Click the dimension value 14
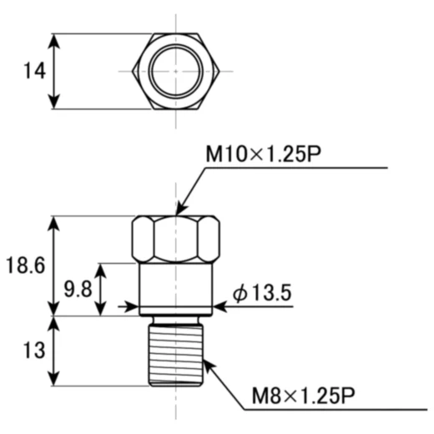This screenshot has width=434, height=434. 33,72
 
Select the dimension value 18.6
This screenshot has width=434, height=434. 26,266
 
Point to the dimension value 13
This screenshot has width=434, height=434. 33,351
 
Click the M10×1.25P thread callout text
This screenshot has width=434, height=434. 264,154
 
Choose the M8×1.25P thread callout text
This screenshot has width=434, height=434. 301,396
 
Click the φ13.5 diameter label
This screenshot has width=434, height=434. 261,294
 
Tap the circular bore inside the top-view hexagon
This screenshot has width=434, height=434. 176,72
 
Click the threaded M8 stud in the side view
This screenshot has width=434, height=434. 176,352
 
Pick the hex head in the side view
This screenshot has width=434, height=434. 176,240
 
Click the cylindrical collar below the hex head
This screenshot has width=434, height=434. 176,286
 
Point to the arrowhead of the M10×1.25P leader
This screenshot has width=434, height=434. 180,209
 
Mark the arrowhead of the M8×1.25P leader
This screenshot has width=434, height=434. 205,360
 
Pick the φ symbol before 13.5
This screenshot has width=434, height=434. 240,294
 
